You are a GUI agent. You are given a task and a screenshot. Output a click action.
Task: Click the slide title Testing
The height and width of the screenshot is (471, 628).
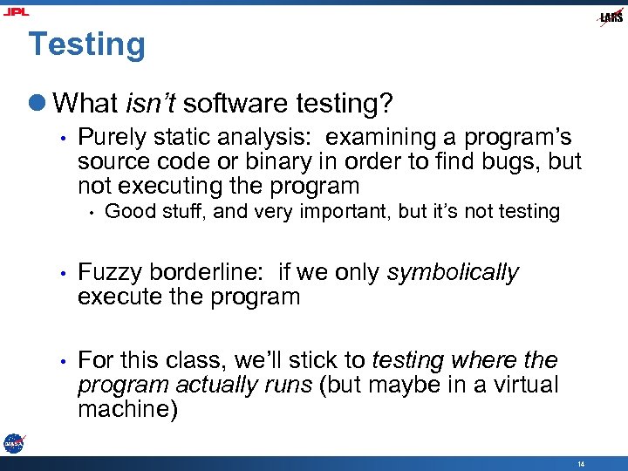(x=86, y=44)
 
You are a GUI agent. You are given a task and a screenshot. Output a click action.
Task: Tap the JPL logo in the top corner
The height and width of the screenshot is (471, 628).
(x=15, y=11)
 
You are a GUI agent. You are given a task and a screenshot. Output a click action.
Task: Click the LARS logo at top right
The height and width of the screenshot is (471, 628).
(x=611, y=17)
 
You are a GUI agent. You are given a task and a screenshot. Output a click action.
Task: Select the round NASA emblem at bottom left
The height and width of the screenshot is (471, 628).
(x=13, y=444)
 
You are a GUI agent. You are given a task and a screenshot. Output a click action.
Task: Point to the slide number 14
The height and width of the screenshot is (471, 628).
(x=580, y=464)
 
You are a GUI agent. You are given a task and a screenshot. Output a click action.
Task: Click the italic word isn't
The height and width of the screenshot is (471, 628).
(x=151, y=104)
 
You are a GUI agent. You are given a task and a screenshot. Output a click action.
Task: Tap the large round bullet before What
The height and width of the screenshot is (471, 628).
(x=38, y=104)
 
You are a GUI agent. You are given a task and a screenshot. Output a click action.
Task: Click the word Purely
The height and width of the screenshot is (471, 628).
(x=108, y=138)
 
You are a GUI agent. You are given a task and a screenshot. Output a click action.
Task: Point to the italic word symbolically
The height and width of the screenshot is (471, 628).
(x=452, y=273)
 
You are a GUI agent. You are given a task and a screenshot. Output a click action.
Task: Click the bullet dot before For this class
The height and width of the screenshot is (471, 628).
(x=63, y=360)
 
